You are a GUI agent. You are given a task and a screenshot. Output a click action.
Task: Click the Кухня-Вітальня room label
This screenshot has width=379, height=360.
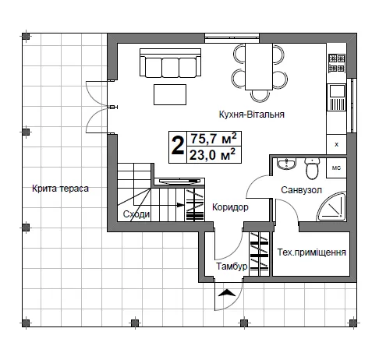pos(251,115)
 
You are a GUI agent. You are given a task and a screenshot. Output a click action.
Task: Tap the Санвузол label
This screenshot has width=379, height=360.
pos(301,190)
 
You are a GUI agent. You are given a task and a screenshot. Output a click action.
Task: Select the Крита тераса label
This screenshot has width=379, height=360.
pos(60,189)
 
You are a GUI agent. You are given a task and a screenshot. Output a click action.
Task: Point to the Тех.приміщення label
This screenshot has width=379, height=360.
pos(311,252)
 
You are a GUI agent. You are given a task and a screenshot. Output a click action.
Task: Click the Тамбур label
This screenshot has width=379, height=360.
pos(232,266)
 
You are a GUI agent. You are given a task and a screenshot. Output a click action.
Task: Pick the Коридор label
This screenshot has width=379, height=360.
pos(230,207)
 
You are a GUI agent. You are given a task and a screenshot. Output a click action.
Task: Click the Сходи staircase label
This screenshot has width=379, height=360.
pos(136,214)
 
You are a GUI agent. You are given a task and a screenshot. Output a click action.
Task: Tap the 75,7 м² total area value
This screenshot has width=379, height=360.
pos(214,139)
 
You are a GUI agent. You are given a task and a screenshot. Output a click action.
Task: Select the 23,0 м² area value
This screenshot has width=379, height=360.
pos(212,155)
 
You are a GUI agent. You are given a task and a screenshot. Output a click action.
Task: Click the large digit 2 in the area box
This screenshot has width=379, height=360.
pos(178,146)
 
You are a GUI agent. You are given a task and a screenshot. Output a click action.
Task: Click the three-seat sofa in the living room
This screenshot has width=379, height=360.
pos(170,63)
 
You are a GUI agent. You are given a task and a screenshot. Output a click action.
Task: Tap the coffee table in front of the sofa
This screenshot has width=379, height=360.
pos(170,94)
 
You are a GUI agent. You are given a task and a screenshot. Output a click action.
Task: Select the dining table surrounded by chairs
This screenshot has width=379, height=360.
pos(259,67)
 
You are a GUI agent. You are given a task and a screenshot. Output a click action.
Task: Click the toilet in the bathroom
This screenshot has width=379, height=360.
pos(312,168)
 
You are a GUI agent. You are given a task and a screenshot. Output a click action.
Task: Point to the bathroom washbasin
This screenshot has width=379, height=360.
pos(286,164)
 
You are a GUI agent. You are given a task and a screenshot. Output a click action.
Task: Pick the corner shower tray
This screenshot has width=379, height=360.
pos(332,206)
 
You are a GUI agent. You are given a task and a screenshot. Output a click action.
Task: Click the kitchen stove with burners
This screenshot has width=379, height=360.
pos(337,63)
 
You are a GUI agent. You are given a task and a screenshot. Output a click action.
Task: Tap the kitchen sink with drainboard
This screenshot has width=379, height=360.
pos(337,97)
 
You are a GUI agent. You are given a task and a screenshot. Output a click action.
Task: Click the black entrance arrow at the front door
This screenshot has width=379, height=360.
pos(227,293)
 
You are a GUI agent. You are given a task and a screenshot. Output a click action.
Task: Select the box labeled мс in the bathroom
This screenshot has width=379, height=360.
pos(336,168)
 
